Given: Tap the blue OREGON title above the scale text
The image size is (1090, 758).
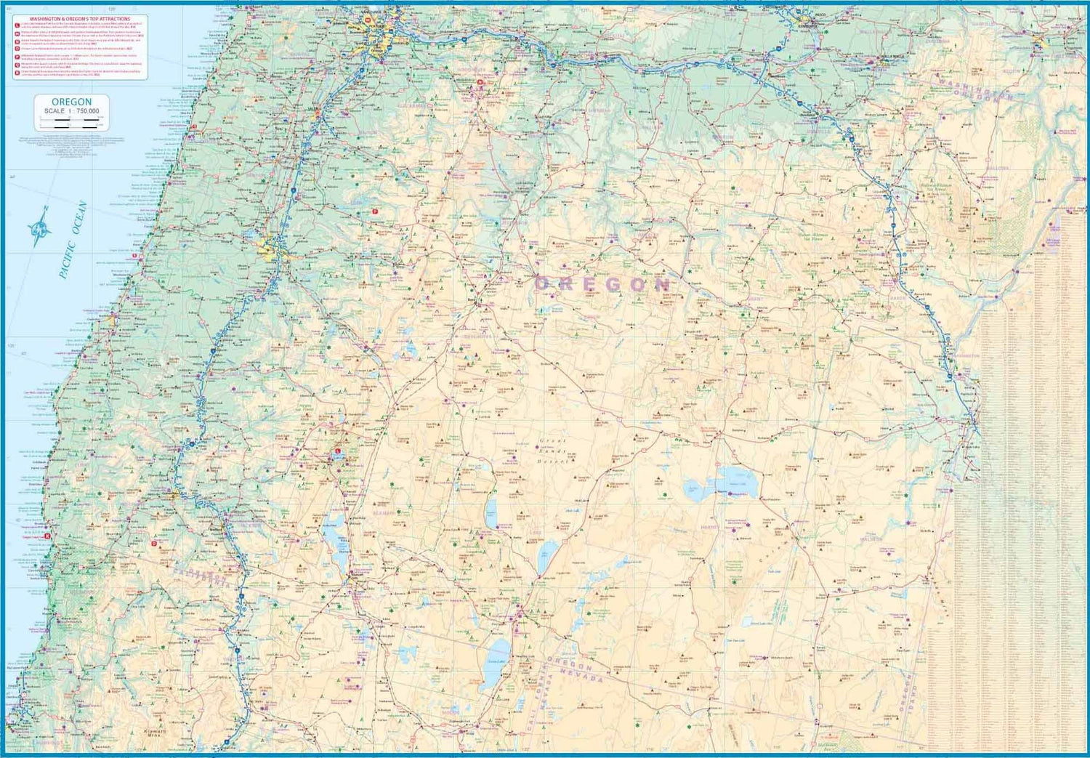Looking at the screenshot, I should (71, 102).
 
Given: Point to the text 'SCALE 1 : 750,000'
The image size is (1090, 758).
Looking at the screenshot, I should (71, 110).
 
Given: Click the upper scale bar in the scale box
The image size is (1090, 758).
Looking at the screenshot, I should (71, 119).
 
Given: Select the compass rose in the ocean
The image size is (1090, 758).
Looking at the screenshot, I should (41, 226).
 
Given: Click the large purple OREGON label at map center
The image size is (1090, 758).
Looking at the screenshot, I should (602, 284).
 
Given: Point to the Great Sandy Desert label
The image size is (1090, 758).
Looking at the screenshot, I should (556, 451).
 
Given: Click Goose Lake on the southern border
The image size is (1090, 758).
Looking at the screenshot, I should (498, 651).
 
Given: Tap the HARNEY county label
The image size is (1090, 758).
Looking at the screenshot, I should (710, 527).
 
